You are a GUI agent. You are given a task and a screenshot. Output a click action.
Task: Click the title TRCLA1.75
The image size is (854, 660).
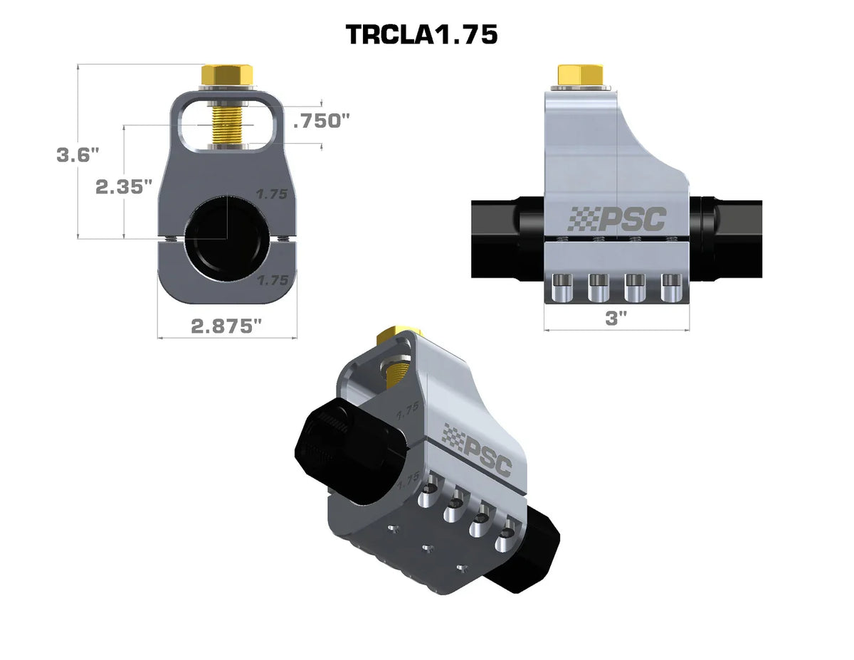pyautogui.click(x=421, y=34)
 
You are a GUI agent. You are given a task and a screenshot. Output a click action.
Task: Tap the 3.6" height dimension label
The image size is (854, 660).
pyautogui.click(x=78, y=155)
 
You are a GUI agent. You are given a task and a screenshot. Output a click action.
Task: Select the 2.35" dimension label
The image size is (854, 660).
pyautogui.click(x=124, y=186)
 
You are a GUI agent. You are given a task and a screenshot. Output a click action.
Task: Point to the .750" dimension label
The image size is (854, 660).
pyautogui.click(x=322, y=121)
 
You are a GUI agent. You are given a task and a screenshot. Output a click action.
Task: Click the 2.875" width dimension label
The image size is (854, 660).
pyautogui.click(x=226, y=326)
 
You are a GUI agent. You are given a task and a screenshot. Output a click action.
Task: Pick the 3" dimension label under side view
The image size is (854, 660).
pyautogui.click(x=616, y=318)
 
